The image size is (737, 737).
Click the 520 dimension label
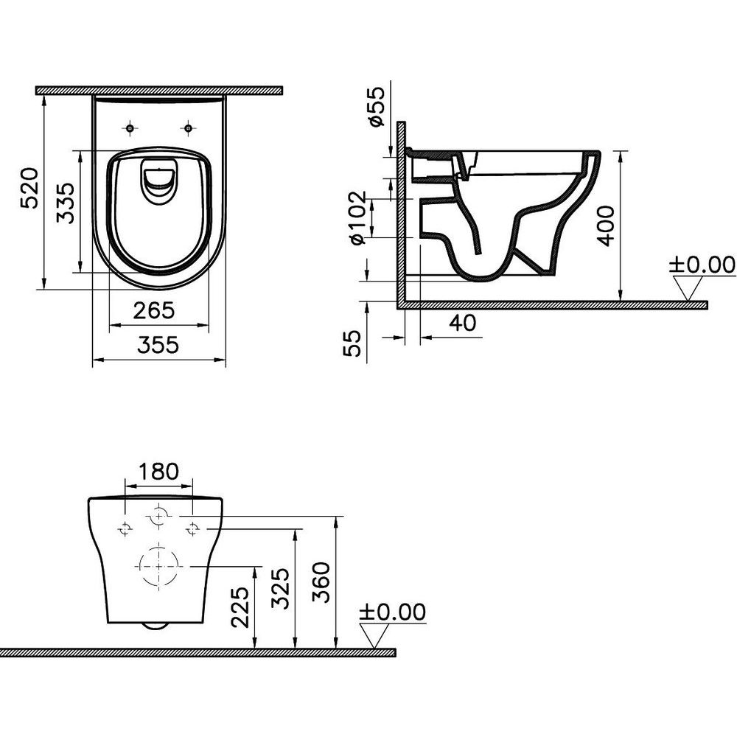(x=29, y=188)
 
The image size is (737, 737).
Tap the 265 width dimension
(x=154, y=310)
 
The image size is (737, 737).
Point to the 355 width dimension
(x=158, y=345)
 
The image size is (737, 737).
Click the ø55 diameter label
(x=377, y=106)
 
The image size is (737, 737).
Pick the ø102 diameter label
(x=358, y=217)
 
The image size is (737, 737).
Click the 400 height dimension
(x=607, y=226)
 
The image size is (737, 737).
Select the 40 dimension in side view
(x=463, y=323)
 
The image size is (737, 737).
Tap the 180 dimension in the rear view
(x=158, y=471)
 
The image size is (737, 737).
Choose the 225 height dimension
(x=241, y=607)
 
